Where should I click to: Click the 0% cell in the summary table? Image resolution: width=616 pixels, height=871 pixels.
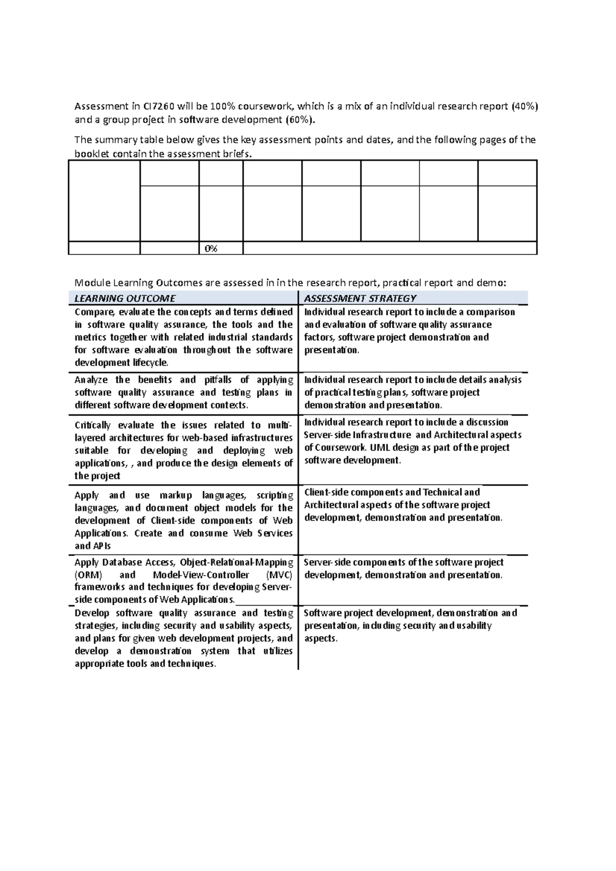pyautogui.click(x=211, y=249)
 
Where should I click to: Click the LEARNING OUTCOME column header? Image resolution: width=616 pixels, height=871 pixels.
pyautogui.click(x=125, y=299)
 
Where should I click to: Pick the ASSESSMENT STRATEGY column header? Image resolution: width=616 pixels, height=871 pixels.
pyautogui.click(x=360, y=299)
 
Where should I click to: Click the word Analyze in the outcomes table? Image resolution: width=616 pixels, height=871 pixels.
pyautogui.click(x=91, y=380)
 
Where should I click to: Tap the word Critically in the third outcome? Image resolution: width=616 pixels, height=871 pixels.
pyautogui.click(x=92, y=425)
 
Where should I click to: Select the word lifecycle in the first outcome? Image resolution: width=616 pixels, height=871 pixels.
pyautogui.click(x=151, y=363)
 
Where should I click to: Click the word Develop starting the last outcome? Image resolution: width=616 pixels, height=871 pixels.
pyautogui.click(x=92, y=613)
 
